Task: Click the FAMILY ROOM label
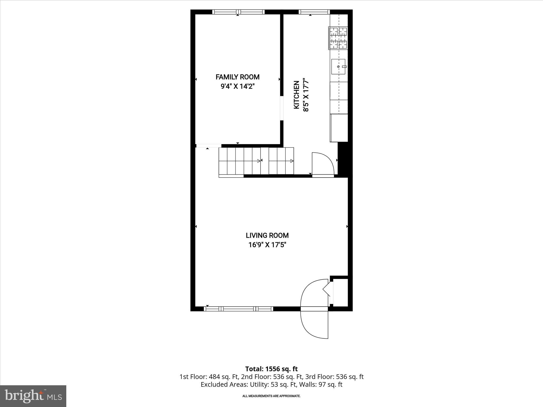237,77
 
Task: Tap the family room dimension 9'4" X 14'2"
237,87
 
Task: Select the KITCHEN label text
296,95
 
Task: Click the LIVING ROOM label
267,235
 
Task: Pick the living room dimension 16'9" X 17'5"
267,245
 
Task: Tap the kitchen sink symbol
338,67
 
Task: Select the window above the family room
238,12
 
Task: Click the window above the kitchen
314,12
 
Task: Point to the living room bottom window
238,309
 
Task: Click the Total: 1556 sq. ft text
271,369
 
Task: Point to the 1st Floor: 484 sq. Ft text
209,377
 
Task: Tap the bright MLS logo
33,396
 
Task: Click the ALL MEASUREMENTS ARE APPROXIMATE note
271,396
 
